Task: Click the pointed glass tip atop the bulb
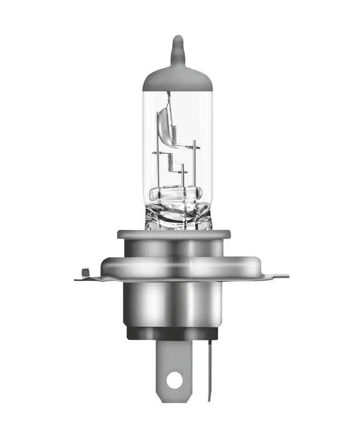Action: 178,47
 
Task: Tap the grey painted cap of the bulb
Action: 178,78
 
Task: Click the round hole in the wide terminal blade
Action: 173,380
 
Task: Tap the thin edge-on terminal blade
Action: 210,370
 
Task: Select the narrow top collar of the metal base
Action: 174,234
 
